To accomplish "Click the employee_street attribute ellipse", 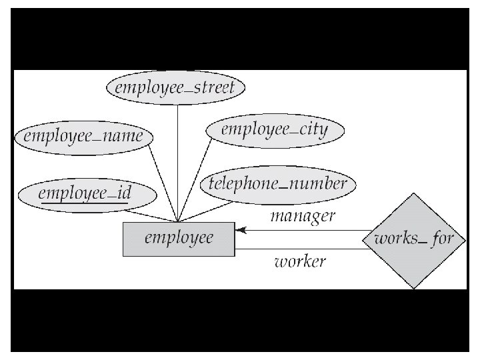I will click(176, 87).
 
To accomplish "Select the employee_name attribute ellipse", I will click(83, 136).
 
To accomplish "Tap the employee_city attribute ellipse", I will click(274, 129).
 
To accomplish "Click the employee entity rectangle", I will click(179, 238).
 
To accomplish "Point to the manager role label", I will click(302, 215).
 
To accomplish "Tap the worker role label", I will click(300, 261).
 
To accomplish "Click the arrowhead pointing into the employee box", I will click(241, 231).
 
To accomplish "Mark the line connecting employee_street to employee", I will click(177, 160).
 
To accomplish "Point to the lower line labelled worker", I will click(300, 249).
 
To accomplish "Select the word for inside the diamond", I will click(442, 238).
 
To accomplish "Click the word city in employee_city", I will click(311, 129).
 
